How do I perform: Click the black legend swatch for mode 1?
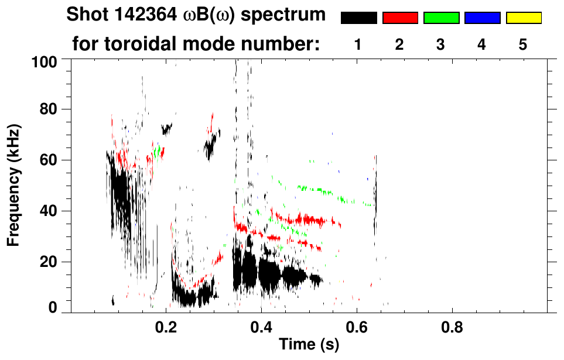pyautogui.click(x=358, y=18)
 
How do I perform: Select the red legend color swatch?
pyautogui.click(x=400, y=18)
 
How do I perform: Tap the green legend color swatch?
pyautogui.click(x=441, y=18)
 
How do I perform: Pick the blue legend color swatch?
pyautogui.click(x=482, y=18)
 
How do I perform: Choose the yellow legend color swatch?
pyautogui.click(x=523, y=18)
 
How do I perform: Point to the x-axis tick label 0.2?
pyautogui.click(x=166, y=325)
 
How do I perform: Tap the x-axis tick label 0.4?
pyautogui.click(x=261, y=325)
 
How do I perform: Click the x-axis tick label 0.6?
pyautogui.click(x=356, y=325)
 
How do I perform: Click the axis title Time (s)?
pyautogui.click(x=309, y=345)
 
